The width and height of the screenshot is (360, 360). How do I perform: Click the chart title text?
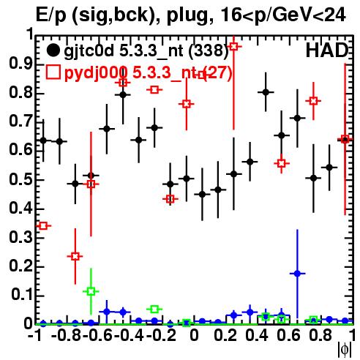190,15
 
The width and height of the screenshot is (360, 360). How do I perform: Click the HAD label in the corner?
327,50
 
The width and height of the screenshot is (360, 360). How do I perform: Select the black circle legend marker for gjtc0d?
53,50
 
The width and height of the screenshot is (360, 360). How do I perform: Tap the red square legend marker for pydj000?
53,72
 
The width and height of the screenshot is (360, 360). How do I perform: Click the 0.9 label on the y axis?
21,64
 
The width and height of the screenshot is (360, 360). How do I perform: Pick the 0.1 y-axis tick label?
22,295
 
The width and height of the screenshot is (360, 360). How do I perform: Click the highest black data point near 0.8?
266,92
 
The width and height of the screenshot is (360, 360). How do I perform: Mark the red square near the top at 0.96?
234,46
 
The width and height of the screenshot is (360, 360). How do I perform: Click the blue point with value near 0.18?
297,274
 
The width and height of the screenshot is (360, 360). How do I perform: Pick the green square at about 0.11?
91,291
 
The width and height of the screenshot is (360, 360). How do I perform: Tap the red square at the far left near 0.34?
43,226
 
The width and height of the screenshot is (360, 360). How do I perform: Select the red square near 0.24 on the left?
75,256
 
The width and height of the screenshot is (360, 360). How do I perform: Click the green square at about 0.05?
154,310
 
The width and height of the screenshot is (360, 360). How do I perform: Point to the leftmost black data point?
43,140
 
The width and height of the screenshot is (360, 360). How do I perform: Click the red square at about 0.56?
282,163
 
